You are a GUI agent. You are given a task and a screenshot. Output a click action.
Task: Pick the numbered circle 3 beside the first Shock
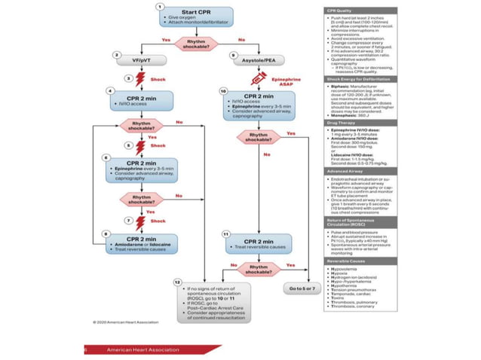coord(117,78)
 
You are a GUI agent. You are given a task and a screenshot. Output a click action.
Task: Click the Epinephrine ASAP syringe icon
coord(259,78)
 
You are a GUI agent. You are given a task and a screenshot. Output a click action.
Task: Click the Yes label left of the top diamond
coord(166,39)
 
